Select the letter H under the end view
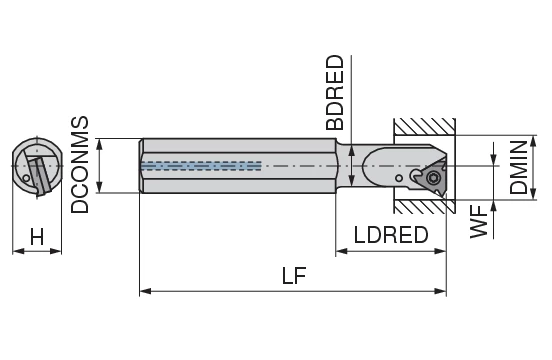click(36, 237)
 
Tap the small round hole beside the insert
click(399, 178)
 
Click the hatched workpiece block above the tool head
click(424, 127)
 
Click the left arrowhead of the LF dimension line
click(144, 291)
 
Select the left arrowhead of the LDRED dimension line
click(341, 251)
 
